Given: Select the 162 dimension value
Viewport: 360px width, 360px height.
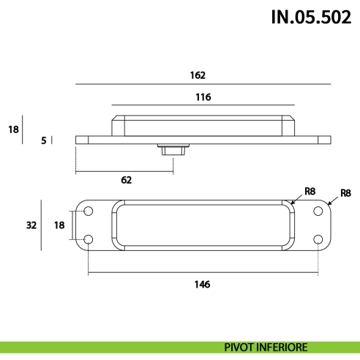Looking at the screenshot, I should [198, 75].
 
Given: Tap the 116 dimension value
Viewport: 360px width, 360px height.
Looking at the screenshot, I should [203, 97].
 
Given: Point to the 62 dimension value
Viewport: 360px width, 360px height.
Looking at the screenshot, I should [126, 179].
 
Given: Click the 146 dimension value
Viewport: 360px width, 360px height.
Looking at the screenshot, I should [203, 284].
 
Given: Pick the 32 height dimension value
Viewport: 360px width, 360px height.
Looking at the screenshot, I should [31, 225].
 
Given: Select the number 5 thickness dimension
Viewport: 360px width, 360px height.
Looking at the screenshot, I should [44, 140].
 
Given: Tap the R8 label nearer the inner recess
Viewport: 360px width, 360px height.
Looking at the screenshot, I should [309, 192].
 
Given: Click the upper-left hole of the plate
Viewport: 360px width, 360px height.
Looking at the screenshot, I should [89, 211].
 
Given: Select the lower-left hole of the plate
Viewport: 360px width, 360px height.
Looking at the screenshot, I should [89, 239].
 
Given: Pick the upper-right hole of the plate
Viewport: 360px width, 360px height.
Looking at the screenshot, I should [318, 211].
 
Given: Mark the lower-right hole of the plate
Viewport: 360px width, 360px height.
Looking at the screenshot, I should [318, 239].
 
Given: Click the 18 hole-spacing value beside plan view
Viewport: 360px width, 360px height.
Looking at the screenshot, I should [58, 225].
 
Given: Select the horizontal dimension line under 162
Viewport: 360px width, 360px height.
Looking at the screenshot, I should [203, 85].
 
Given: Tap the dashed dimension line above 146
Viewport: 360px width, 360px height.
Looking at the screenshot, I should [203, 274].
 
